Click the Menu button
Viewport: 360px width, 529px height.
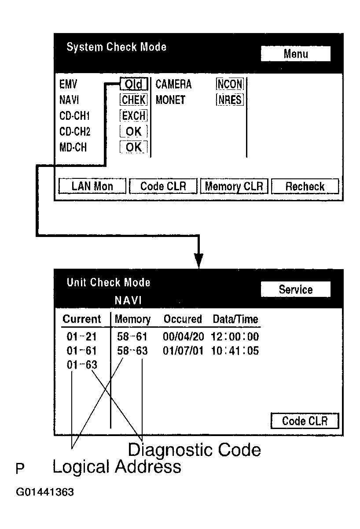[295, 54]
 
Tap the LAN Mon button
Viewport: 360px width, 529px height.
[92, 186]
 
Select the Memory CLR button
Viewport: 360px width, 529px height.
[234, 186]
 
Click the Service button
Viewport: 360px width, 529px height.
[295, 289]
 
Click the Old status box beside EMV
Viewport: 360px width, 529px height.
[133, 84]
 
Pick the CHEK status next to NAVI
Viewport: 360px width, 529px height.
[134, 100]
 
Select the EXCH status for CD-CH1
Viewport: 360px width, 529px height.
[134, 116]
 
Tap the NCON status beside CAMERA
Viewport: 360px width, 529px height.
[230, 84]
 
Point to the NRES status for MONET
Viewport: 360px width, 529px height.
[230, 100]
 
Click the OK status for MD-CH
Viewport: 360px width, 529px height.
[134, 147]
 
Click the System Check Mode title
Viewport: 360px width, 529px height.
[116, 47]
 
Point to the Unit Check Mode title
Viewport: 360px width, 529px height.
[108, 282]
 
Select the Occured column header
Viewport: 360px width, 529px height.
[183, 319]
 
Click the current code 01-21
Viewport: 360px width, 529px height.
[82, 337]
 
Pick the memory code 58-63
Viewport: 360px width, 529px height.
[132, 351]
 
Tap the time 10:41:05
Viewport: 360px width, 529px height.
[235, 351]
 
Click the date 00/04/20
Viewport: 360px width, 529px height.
[184, 337]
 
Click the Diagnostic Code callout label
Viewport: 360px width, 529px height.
[194, 450]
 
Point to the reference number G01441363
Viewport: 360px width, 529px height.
[45, 492]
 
